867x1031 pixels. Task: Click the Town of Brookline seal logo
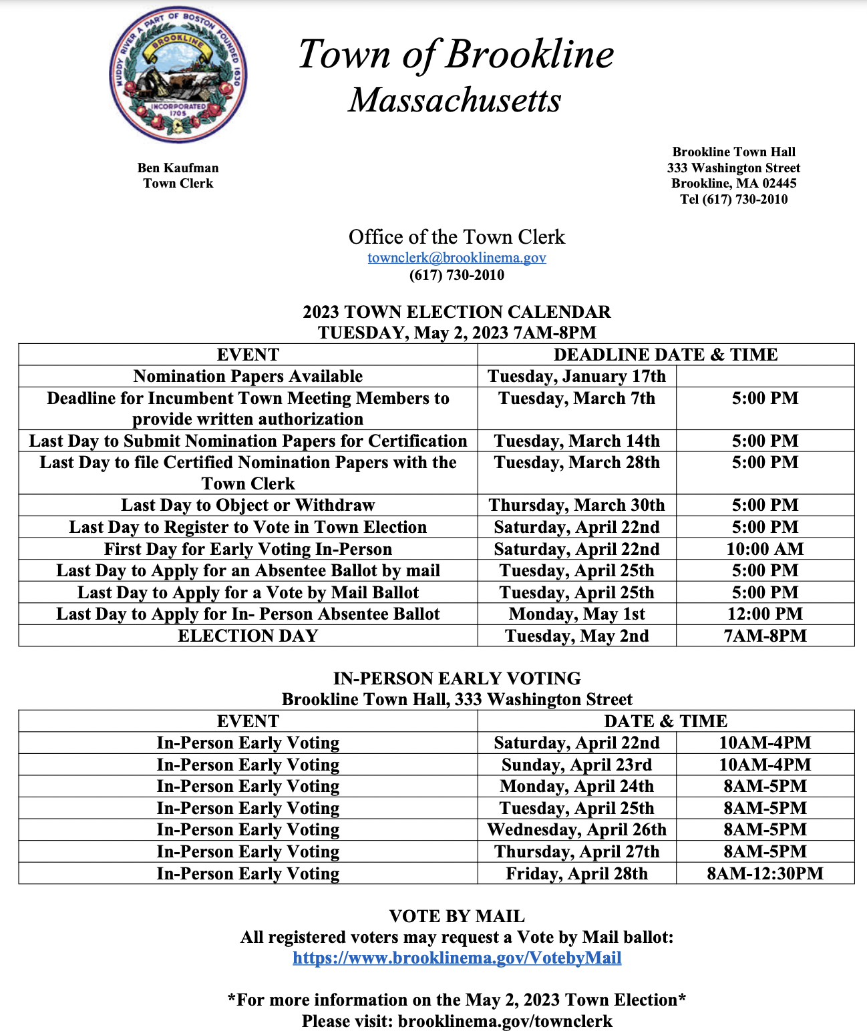[178, 75]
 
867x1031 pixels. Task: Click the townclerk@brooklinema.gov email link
[457, 258]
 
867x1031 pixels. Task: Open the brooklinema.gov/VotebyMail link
[457, 958]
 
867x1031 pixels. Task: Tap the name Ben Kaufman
[178, 168]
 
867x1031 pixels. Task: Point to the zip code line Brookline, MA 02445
[733, 183]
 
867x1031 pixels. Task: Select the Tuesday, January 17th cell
[576, 377]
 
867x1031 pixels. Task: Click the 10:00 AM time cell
[765, 549]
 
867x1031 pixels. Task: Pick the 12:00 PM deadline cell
[765, 614]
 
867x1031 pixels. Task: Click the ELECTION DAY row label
[248, 636]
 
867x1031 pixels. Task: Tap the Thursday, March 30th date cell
[576, 505]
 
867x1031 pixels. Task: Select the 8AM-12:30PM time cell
[765, 873]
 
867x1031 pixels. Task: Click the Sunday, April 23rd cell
[576, 765]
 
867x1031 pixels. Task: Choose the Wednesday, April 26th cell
[576, 829]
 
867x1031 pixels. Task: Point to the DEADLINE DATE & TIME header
[665, 355]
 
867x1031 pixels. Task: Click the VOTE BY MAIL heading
[457, 916]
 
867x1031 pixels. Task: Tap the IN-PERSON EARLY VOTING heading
[457, 678]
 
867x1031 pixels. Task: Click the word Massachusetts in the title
[455, 100]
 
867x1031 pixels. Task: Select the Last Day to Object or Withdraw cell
[248, 505]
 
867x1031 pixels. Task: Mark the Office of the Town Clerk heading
[457, 237]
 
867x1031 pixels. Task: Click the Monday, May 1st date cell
[576, 614]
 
